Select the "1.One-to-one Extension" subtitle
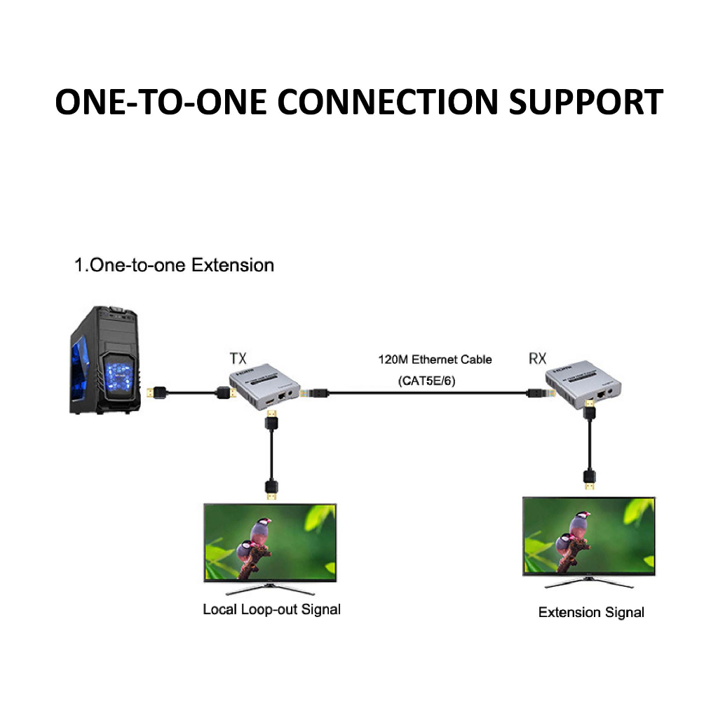(x=174, y=266)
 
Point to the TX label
(x=238, y=358)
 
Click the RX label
(x=536, y=359)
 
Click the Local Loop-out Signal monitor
(x=269, y=542)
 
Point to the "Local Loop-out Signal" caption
(x=271, y=609)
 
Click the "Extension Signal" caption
(x=590, y=612)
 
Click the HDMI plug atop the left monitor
(x=271, y=489)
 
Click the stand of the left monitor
(x=269, y=588)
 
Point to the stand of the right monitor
(x=588, y=582)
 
